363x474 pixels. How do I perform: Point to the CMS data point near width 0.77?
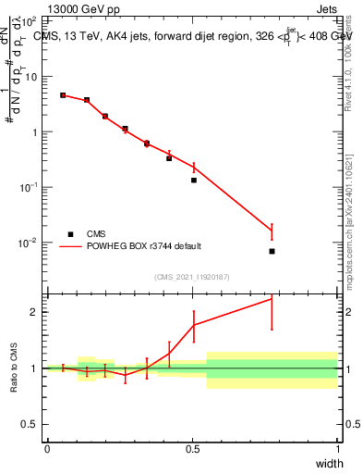272,251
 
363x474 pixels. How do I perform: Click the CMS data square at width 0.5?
194,180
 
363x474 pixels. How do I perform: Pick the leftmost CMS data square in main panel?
63,95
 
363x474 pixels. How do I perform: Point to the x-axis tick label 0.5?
192,449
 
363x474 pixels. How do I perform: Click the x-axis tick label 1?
338,449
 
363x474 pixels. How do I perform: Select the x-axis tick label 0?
47,449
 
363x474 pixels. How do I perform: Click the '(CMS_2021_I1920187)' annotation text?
191,276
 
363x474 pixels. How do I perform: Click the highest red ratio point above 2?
272,298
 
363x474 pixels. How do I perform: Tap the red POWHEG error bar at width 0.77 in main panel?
272,230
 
